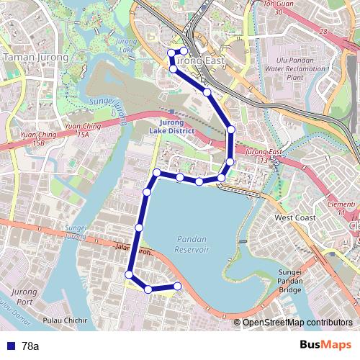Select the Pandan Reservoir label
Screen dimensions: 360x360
click(x=192, y=243)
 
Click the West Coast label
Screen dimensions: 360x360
click(x=294, y=217)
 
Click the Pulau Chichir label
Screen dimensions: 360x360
click(x=66, y=320)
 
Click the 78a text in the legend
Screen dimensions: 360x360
click(x=30, y=346)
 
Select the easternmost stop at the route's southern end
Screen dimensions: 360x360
click(x=178, y=287)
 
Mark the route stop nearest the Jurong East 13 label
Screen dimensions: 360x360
click(x=229, y=161)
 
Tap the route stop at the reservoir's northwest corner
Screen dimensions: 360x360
click(x=156, y=173)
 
